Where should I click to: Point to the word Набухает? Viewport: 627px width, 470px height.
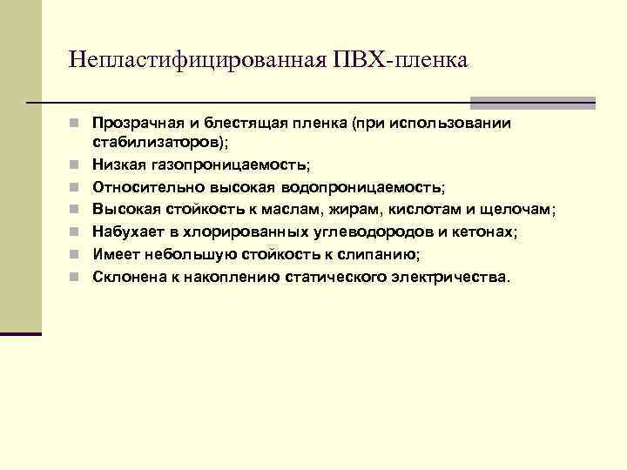pyautogui.click(x=125, y=232)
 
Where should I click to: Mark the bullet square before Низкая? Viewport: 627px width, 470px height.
pyautogui.click(x=78, y=164)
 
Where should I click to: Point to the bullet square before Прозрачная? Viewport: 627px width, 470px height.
pyautogui.click(x=78, y=123)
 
